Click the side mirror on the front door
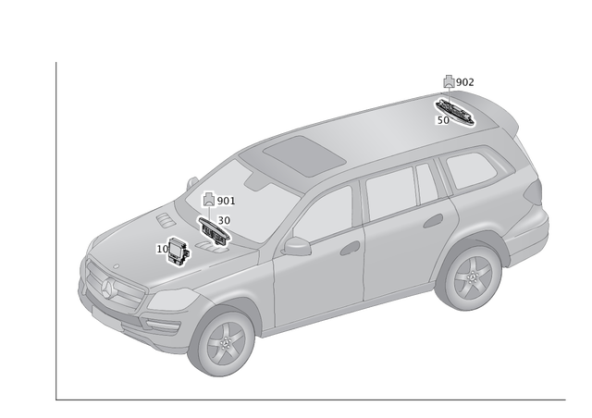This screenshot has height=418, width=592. click(297, 245)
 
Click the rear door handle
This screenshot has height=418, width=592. click(432, 220)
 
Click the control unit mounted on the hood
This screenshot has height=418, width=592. click(176, 249)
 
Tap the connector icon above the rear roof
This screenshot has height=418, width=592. click(449, 82)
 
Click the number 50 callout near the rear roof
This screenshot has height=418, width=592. click(443, 119)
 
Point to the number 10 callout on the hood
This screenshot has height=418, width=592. click(163, 248)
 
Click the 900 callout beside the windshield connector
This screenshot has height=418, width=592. click(225, 201)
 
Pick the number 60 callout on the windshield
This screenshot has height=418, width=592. click(223, 220)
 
